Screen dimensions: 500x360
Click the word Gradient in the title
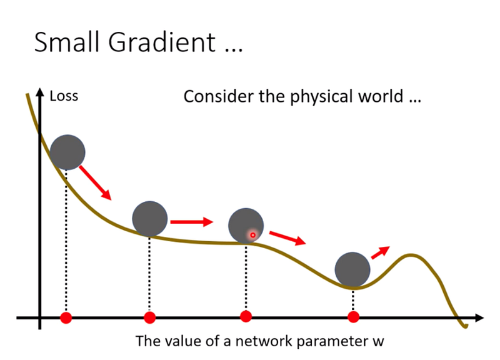pos(162,42)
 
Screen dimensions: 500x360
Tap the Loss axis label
pos(64,96)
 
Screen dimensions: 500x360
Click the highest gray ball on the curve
pos(67,152)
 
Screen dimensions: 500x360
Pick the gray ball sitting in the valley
pos(352,269)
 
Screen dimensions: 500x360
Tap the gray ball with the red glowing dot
pos(246,226)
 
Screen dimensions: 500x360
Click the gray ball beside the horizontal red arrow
pos(150,219)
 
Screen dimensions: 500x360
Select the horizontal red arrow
pos(192,222)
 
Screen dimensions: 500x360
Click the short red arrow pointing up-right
pos(381,252)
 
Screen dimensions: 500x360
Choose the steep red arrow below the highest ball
pos(96,182)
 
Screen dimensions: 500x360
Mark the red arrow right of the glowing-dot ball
pos(287,238)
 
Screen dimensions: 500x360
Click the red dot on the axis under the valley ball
pos(353,317)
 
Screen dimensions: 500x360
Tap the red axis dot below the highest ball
pos(66,317)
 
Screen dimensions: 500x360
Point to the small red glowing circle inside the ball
pos(252,236)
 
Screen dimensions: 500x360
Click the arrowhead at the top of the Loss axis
pos(40,91)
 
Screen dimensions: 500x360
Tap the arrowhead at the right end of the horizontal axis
pos(479,317)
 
